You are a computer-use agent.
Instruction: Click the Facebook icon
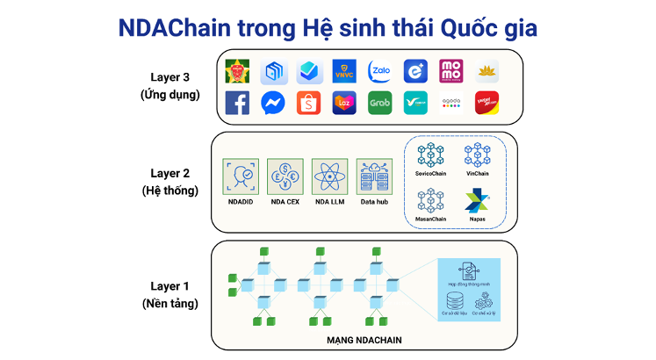pyautogui.click(x=237, y=103)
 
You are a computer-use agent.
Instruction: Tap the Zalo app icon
pyautogui.click(x=379, y=71)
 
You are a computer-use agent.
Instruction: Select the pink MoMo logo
pyautogui.click(x=451, y=71)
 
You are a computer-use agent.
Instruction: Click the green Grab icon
pyautogui.click(x=379, y=103)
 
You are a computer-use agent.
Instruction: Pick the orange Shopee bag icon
pyautogui.click(x=308, y=103)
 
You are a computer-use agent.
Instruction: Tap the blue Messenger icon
pyautogui.click(x=273, y=103)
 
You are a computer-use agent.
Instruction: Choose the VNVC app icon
pyautogui.click(x=344, y=71)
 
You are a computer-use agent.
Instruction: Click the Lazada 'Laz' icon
pyautogui.click(x=344, y=103)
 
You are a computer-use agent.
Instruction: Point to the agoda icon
pyautogui.click(x=451, y=103)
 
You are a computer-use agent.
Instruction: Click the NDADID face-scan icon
pyautogui.click(x=240, y=176)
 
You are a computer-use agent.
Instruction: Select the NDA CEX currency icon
pyautogui.click(x=285, y=176)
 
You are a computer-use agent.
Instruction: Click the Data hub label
pyautogui.click(x=374, y=203)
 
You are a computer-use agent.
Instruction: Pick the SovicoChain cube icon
pyautogui.click(x=431, y=155)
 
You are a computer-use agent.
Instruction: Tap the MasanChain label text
pyautogui.click(x=431, y=219)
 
